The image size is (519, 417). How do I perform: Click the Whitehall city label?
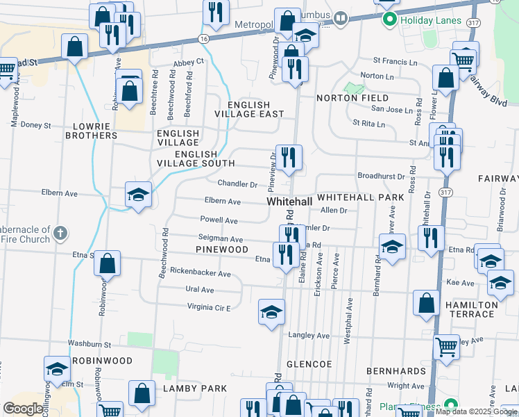tap(289, 201)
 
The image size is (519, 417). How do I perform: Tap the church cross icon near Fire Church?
tap(60, 232)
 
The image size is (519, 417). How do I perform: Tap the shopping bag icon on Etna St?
tap(107, 264)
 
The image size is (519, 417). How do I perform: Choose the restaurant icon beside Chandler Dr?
tap(288, 158)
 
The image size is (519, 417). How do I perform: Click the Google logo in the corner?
tap(24, 409)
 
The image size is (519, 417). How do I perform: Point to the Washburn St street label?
tap(90, 344)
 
